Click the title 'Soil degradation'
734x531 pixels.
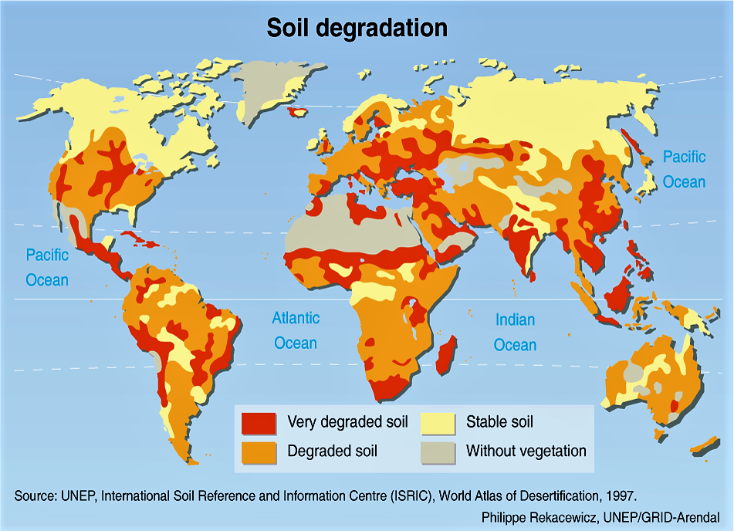357,28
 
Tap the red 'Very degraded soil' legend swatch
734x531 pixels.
259,423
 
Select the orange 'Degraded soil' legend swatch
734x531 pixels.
259,452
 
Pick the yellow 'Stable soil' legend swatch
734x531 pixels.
438,423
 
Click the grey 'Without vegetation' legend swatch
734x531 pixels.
438,452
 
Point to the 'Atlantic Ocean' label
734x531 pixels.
296,330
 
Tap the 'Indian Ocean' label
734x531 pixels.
515,332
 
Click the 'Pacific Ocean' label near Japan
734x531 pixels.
684,169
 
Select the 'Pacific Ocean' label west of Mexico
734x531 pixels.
47,267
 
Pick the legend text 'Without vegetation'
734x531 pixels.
526,451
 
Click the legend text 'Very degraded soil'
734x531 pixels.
347,422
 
